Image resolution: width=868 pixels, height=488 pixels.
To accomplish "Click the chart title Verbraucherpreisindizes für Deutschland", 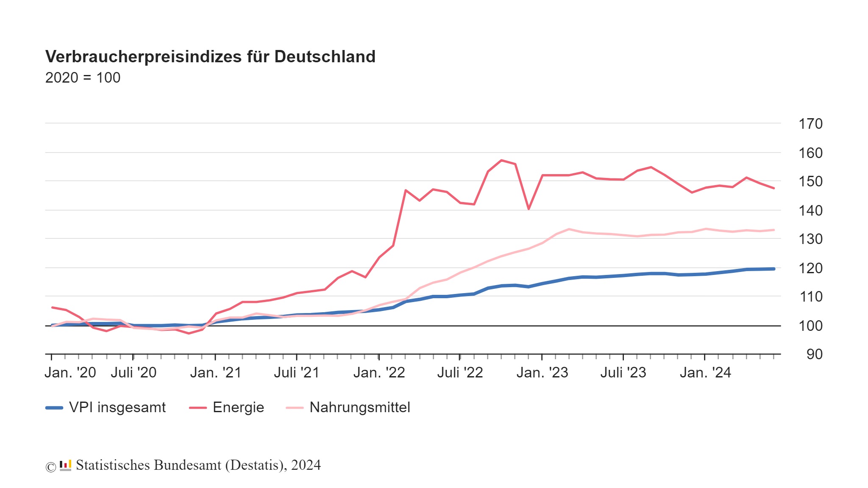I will click(x=210, y=57).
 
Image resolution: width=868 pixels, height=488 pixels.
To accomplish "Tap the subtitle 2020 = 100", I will click(x=83, y=78).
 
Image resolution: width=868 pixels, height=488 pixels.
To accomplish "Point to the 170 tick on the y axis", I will click(x=810, y=124).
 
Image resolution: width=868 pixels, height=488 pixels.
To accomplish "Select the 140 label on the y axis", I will click(x=810, y=210).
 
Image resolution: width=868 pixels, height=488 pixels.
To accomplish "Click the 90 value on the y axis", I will click(x=814, y=354).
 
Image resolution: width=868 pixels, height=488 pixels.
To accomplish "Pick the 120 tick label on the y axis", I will click(x=810, y=268).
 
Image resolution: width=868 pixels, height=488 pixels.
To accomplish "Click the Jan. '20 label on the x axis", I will click(x=70, y=373).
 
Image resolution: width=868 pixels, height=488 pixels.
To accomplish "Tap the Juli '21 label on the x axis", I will click(x=296, y=373).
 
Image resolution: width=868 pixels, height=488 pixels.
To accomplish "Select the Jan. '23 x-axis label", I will click(x=542, y=373).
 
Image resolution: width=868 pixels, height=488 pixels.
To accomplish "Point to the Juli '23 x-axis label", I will click(x=623, y=373).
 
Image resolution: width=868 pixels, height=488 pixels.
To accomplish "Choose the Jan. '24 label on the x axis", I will click(x=705, y=373).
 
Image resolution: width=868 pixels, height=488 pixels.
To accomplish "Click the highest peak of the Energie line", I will click(x=501, y=161).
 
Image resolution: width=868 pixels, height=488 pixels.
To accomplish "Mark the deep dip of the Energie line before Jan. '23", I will click(x=529, y=209).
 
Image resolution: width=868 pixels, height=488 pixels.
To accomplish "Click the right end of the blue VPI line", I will click(x=774, y=269).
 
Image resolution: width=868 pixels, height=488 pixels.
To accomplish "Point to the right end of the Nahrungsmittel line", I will click(x=774, y=230).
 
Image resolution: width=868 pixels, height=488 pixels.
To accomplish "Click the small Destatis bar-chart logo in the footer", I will click(x=65, y=465).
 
